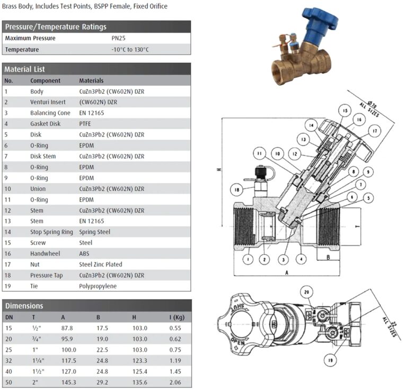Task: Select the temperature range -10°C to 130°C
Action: (x=130, y=49)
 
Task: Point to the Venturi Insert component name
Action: (x=48, y=102)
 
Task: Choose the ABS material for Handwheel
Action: (x=85, y=253)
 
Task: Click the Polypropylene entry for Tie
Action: (x=98, y=286)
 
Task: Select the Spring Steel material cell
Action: (x=95, y=232)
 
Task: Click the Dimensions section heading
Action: (x=24, y=305)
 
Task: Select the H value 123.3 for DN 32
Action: (x=140, y=360)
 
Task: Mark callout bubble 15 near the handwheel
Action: (x=344, y=111)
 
